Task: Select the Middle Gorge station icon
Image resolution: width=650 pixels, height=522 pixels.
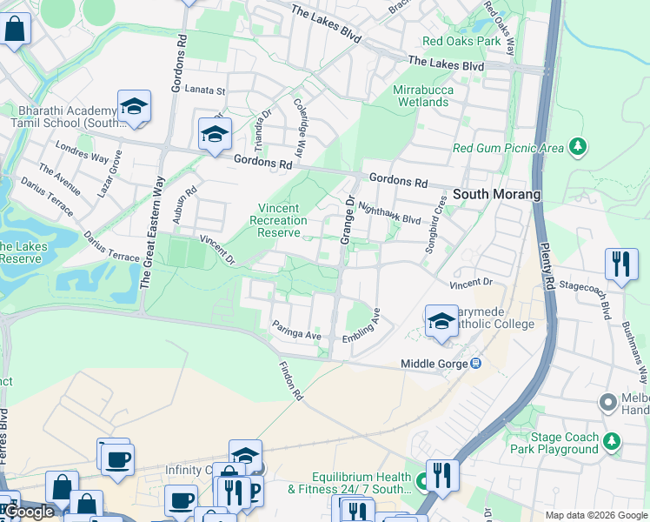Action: click(475, 363)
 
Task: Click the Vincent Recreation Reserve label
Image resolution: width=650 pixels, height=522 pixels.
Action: click(278, 220)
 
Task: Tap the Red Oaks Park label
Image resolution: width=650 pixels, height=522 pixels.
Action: click(461, 41)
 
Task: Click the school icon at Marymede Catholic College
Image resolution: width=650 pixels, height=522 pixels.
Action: click(441, 322)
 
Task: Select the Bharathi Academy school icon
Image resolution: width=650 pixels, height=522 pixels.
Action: click(134, 107)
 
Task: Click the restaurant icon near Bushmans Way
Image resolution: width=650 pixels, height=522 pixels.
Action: click(620, 264)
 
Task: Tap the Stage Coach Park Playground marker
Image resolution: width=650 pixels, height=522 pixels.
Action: click(612, 442)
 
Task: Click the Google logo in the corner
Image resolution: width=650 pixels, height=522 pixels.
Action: click(29, 512)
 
